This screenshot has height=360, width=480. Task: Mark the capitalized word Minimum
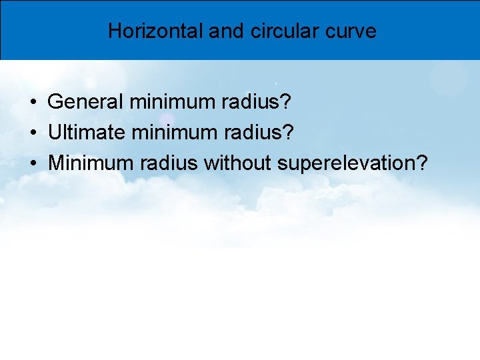[89, 163]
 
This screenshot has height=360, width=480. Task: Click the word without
[239, 163]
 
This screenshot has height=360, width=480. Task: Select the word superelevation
[346, 163]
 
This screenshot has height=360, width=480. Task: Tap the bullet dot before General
[32, 103]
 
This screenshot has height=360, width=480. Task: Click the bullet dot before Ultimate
[32, 133]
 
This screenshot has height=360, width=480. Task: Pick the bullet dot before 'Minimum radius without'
[32, 163]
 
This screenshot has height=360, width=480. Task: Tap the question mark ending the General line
[287, 102]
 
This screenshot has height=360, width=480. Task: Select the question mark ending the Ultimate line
[288, 132]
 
